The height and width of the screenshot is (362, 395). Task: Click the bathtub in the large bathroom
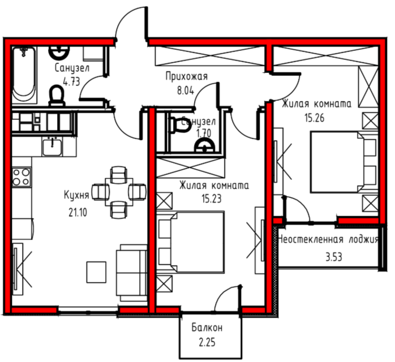click(x=24, y=75)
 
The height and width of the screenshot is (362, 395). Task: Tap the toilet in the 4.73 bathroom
click(x=57, y=96)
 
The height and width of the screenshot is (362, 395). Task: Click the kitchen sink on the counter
click(x=52, y=147)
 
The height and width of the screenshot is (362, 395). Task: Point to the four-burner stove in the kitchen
click(x=22, y=177)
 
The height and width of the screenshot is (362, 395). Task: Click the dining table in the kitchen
click(x=119, y=192)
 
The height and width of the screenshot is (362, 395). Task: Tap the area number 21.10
click(x=78, y=213)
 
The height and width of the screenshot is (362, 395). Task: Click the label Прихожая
click(x=186, y=76)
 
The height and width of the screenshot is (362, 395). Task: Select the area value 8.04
click(x=186, y=90)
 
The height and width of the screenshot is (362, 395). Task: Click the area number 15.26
click(x=315, y=118)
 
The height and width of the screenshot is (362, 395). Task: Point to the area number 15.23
click(x=211, y=199)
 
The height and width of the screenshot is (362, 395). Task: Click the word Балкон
click(x=207, y=327)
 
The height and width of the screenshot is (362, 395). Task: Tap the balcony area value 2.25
click(x=207, y=342)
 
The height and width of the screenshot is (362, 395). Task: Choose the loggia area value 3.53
click(x=334, y=257)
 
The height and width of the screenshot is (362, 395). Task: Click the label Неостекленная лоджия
click(x=328, y=239)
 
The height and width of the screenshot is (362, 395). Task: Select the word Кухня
click(x=76, y=195)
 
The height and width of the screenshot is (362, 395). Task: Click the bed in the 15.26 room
click(x=344, y=162)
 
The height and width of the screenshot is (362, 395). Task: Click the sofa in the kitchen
click(x=131, y=273)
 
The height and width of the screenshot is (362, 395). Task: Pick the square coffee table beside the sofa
click(x=96, y=272)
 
